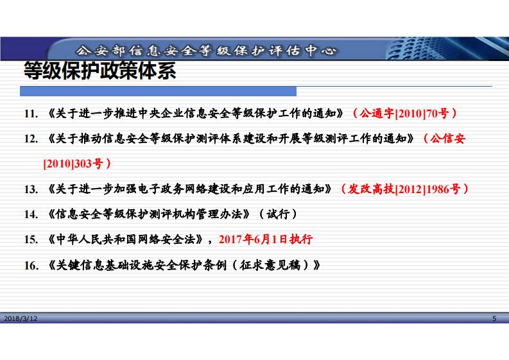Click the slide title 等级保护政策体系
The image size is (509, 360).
point(99,71)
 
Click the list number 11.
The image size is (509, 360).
point(31,114)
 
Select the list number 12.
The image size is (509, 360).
point(31,139)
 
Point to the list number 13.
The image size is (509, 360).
point(31,189)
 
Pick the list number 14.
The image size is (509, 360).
point(31,214)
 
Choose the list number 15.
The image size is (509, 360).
point(31,239)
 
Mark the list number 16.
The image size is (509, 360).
point(31,264)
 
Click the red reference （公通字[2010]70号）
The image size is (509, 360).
point(404,114)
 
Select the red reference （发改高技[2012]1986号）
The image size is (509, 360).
point(404,189)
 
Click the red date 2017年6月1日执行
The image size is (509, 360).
point(266,239)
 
